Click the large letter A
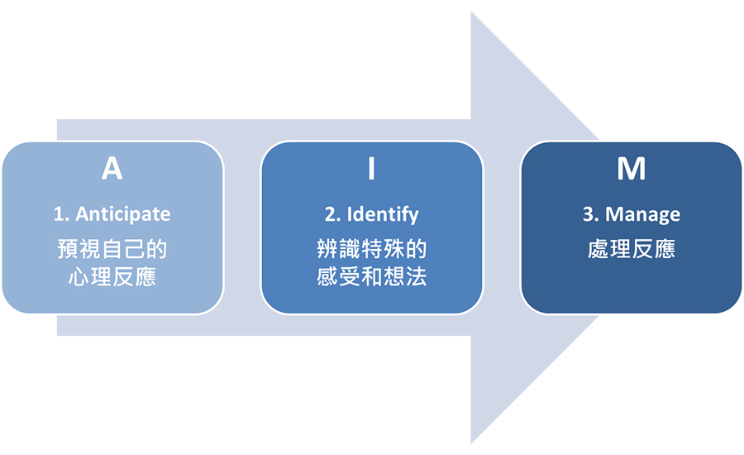coord(112,169)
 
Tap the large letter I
coord(372,169)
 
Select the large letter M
coord(631,169)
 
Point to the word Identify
coord(383,213)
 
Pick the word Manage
coord(642,213)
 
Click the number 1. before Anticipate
coord(61,213)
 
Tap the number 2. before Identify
coord(332,213)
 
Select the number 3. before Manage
coord(590,213)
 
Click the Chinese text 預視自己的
coord(112,249)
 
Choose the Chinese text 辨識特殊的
coord(372,249)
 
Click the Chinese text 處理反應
coord(631,249)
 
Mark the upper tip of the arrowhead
coord(472,13)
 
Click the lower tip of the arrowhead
coord(472,443)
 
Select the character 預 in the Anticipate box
coord(69,249)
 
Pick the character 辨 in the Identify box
coord(328,249)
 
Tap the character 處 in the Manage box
coord(599,249)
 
